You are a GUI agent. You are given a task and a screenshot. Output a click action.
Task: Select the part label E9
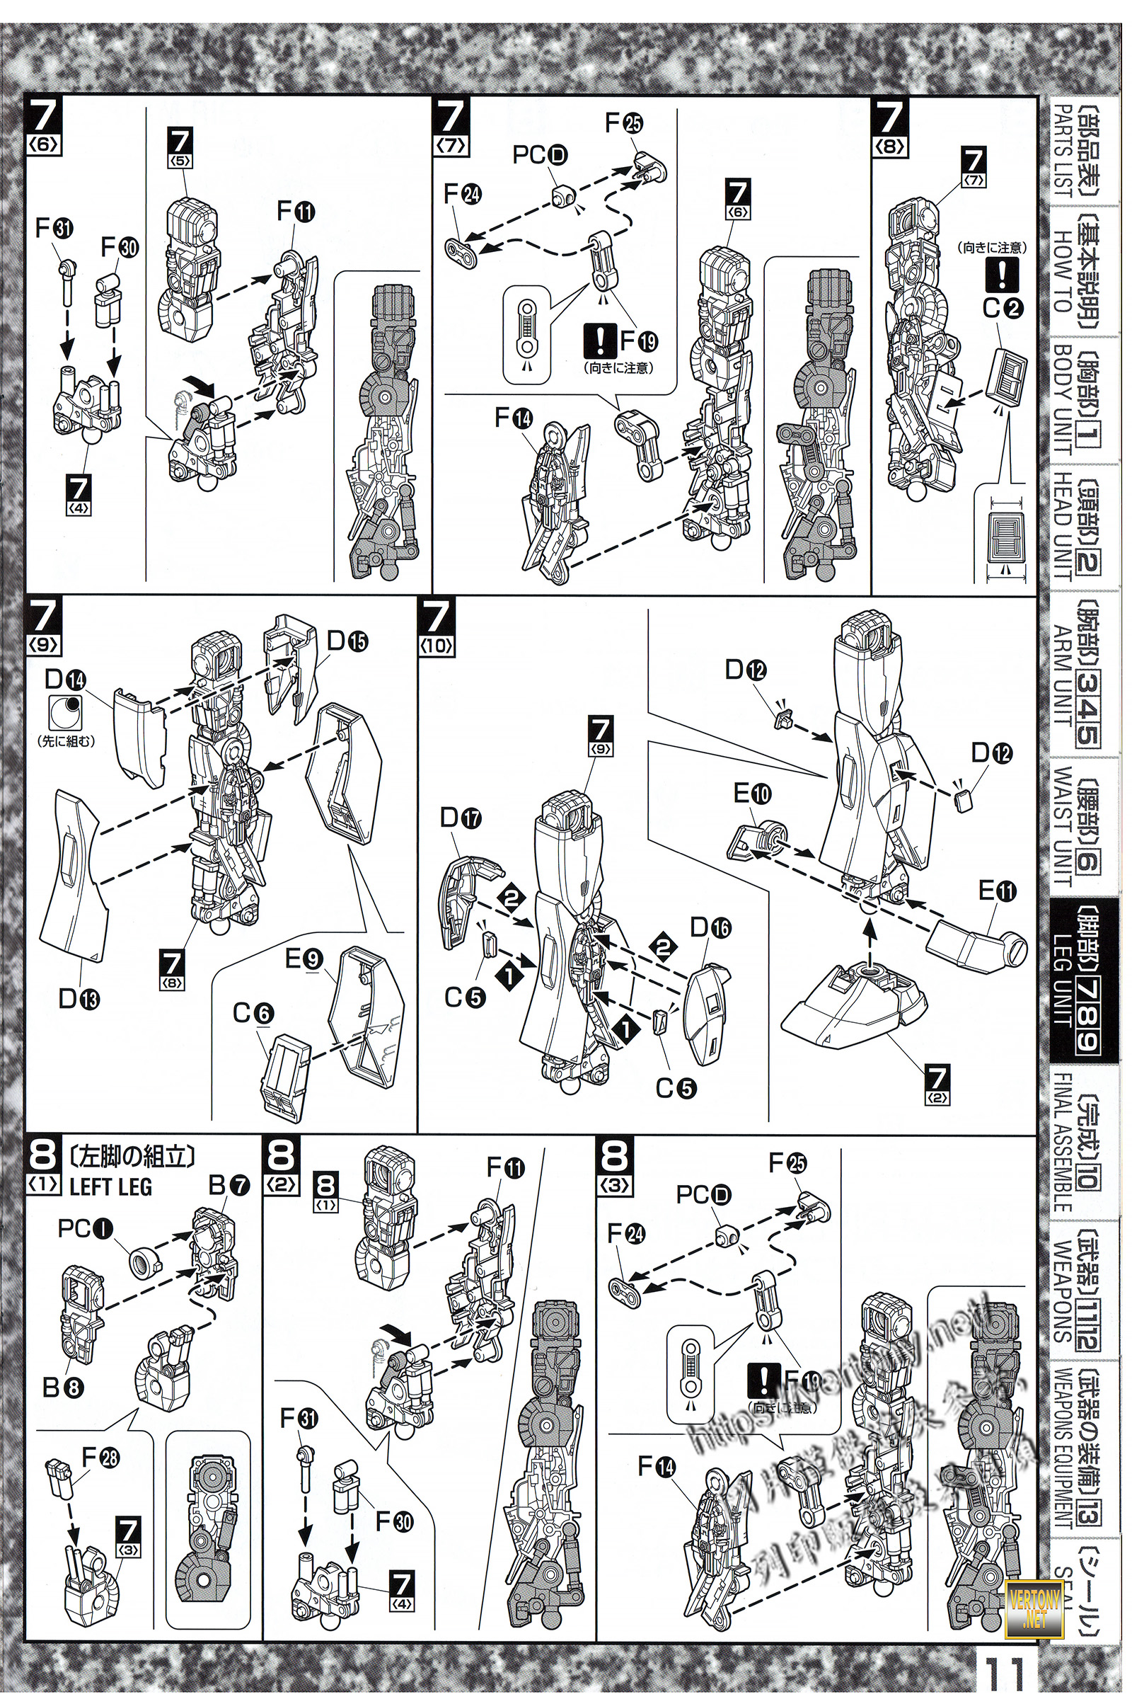pyautogui.click(x=304, y=959)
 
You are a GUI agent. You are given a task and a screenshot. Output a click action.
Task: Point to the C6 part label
pyautogui.click(x=252, y=1014)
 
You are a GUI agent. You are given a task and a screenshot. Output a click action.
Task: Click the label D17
pyautogui.click(x=461, y=818)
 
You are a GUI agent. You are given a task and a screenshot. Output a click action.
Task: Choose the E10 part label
pyautogui.click(x=751, y=794)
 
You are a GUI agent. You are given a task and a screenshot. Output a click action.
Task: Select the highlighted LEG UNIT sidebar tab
pyautogui.click(x=1074, y=980)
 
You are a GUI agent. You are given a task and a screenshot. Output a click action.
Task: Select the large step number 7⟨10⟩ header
pyautogui.click(x=437, y=626)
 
